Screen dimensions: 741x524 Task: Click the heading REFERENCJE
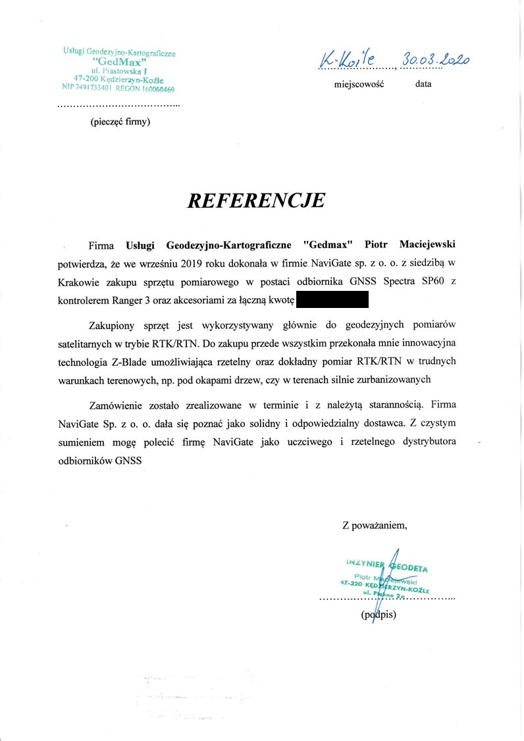coord(256,200)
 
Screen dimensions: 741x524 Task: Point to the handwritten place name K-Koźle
coord(347,60)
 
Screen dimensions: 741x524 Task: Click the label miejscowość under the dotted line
coord(359,84)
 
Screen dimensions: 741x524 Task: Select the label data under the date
coord(423,84)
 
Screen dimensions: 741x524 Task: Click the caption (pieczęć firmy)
coord(120,121)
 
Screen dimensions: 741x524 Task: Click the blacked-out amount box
coord(332,301)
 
